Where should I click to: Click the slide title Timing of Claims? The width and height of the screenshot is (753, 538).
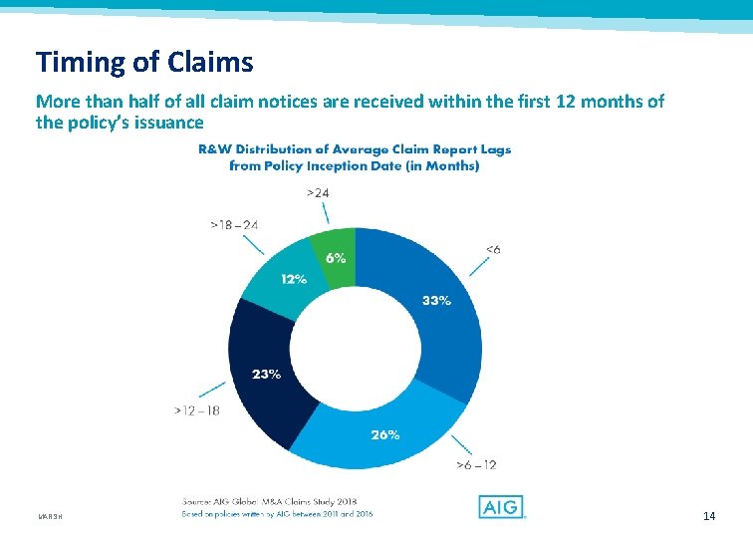click(144, 63)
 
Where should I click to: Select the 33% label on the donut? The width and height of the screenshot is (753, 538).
click(436, 300)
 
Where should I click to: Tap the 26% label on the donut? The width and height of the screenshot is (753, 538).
click(385, 434)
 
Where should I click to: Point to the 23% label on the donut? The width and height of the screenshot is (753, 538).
click(266, 375)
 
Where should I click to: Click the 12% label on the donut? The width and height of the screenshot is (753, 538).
click(293, 280)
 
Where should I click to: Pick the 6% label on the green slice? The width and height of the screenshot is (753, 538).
click(336, 257)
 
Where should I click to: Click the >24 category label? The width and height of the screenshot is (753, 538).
click(319, 192)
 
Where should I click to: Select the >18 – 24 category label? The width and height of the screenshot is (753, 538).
click(234, 225)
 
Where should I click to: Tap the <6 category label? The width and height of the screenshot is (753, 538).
click(492, 249)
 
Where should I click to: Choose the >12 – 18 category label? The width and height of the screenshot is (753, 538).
click(196, 410)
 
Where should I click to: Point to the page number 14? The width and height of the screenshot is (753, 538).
click(709, 515)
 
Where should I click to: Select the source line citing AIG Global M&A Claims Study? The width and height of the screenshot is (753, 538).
click(269, 500)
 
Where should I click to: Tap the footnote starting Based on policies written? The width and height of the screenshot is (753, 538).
click(277, 514)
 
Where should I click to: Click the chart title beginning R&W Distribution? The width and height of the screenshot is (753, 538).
click(354, 157)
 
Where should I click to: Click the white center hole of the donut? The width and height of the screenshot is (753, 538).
click(355, 348)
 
